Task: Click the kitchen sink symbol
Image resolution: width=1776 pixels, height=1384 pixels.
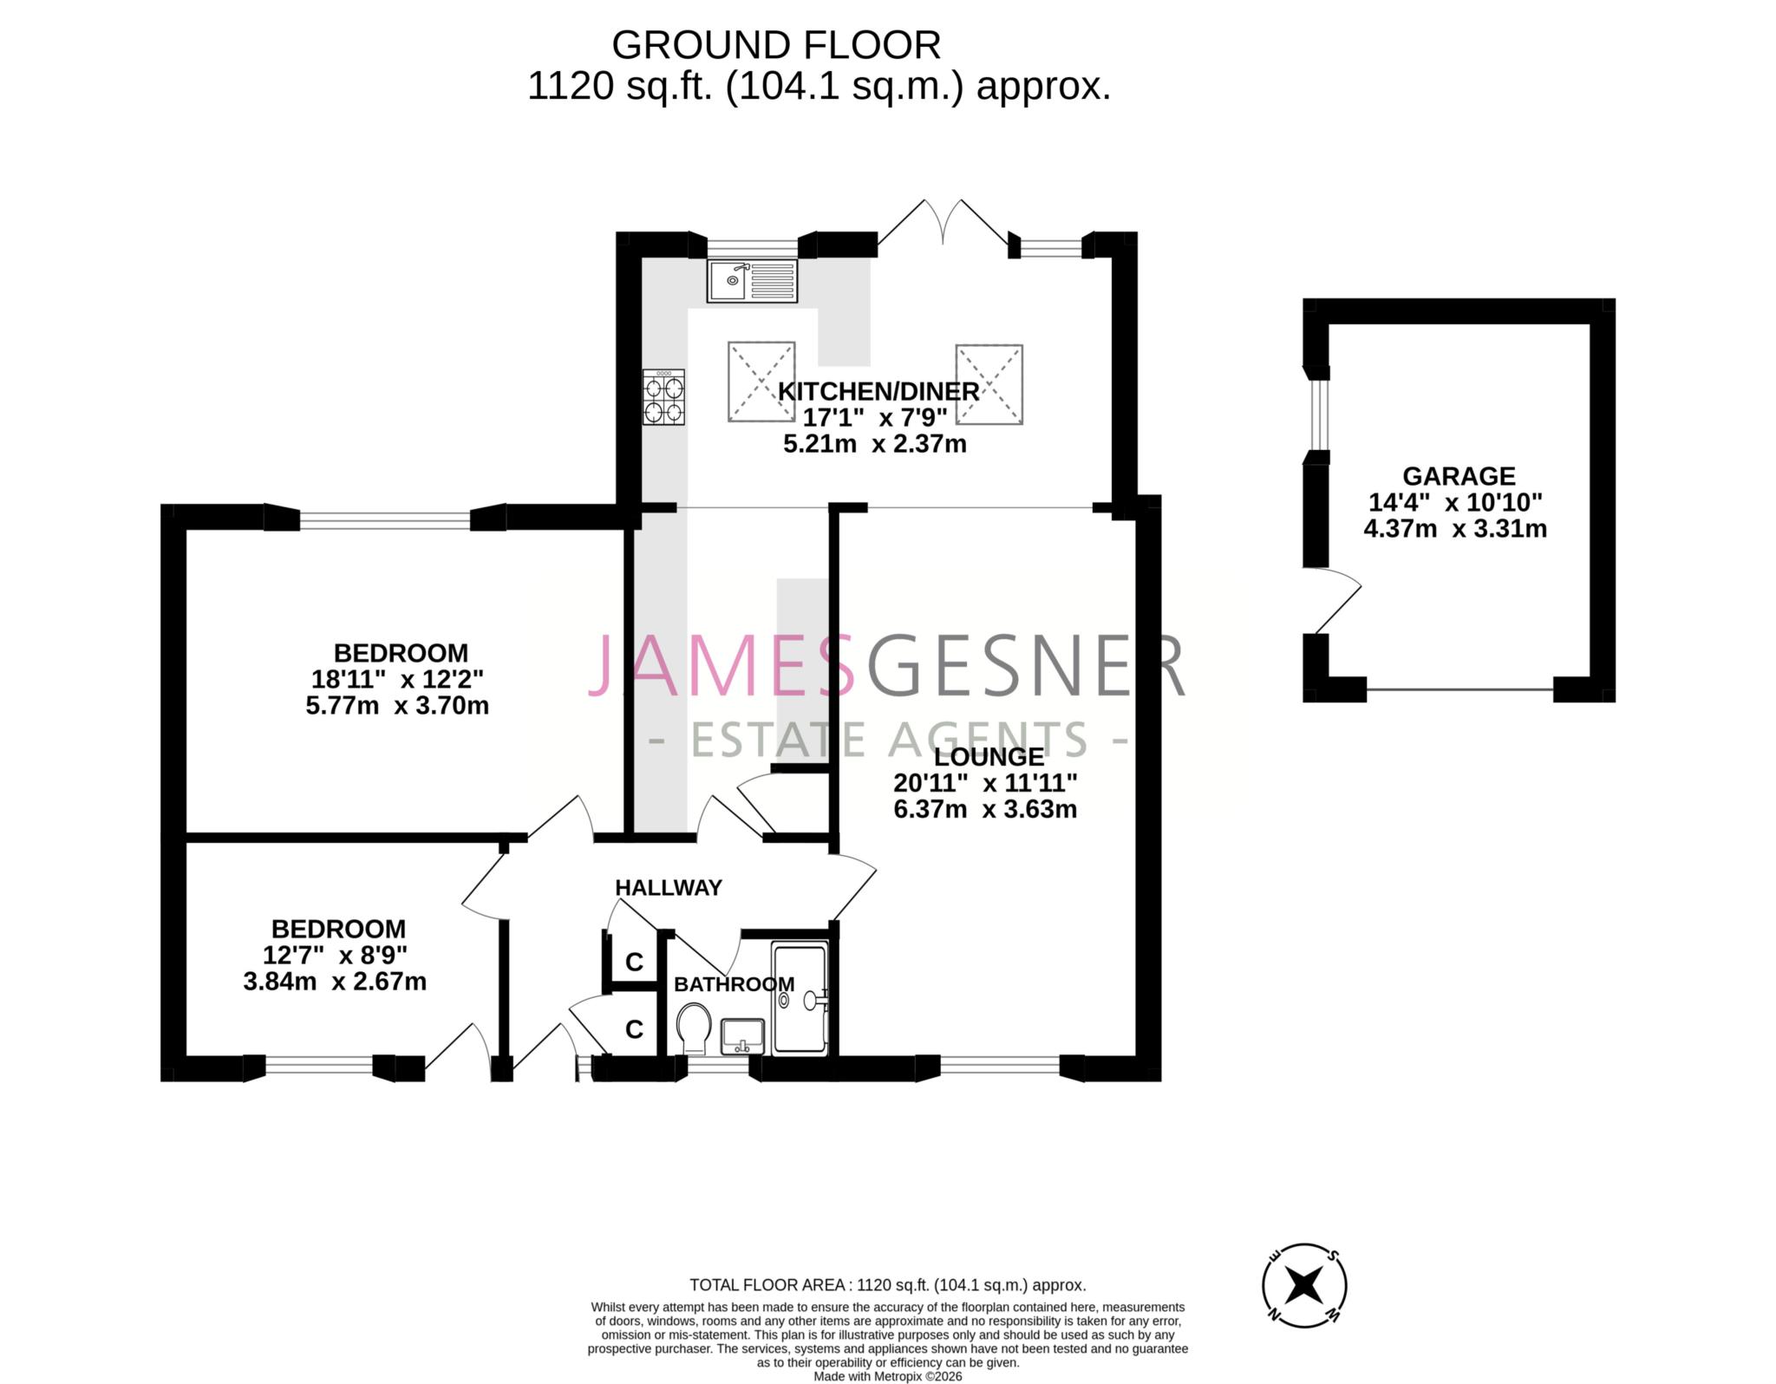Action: tap(751, 281)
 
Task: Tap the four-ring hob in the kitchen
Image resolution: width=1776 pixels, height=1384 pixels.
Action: tap(663, 398)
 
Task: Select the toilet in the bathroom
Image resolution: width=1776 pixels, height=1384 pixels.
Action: tap(693, 1028)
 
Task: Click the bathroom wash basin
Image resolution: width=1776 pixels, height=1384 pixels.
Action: tap(742, 1035)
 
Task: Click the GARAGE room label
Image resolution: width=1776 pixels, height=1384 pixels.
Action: tap(1459, 476)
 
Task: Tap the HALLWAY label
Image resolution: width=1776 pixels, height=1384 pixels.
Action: tap(668, 887)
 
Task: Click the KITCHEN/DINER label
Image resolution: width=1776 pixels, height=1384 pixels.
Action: tap(878, 391)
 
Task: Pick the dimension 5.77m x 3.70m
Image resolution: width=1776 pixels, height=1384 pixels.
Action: tap(397, 705)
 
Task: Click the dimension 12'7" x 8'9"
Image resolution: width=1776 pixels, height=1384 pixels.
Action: tap(335, 955)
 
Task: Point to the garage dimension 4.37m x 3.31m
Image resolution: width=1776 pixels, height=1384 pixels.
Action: tap(1455, 528)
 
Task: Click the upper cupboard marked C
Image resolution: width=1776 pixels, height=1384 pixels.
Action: tap(634, 961)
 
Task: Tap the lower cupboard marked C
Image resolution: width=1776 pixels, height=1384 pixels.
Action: tap(634, 1028)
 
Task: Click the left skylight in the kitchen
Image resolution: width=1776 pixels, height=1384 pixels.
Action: tap(761, 382)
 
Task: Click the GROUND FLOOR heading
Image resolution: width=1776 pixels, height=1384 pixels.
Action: tap(775, 44)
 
